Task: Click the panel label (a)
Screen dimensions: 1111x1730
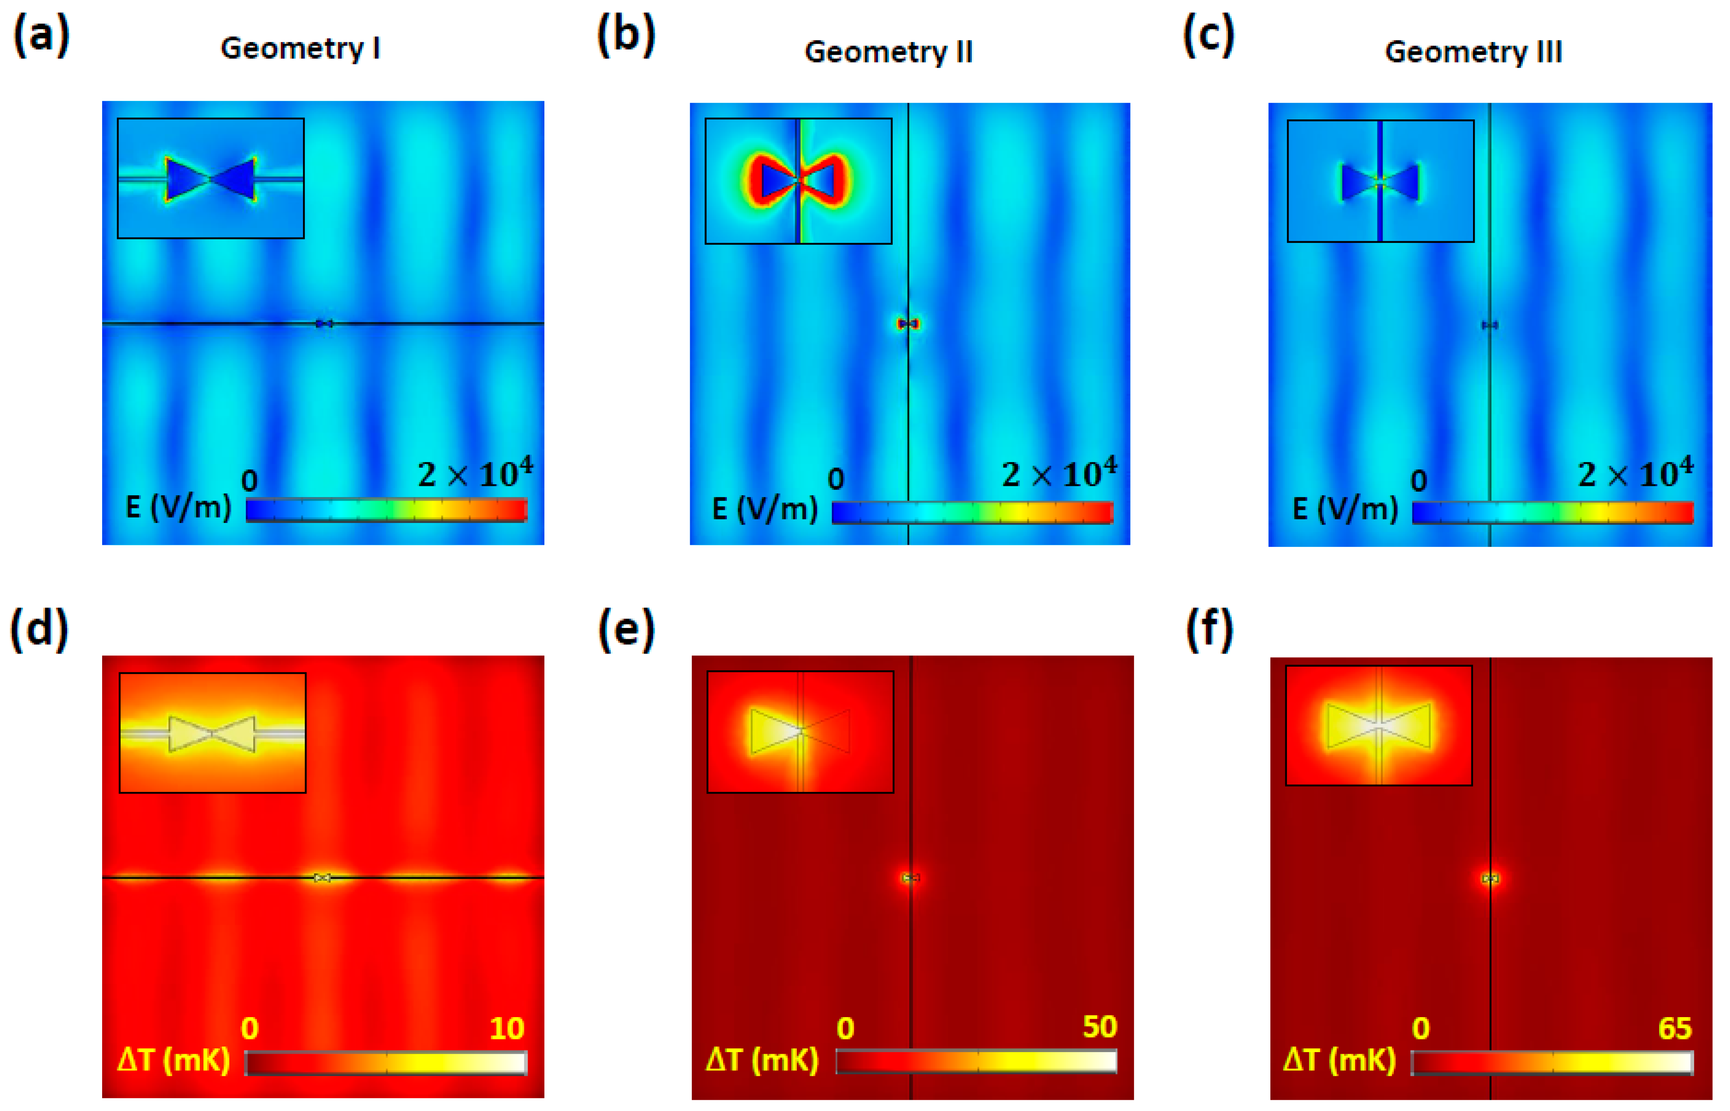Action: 41,36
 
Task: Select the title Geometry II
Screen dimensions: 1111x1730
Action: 888,52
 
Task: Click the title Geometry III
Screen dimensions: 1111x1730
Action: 1473,52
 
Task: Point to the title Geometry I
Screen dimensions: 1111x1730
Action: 300,48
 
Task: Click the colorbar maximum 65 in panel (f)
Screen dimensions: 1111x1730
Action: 1674,1028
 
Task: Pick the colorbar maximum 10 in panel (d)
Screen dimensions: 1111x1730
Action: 507,1029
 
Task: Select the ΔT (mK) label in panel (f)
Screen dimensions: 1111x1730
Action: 1339,1060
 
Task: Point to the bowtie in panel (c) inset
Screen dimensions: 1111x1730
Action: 1380,182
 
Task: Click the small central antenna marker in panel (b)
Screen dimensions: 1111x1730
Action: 908,324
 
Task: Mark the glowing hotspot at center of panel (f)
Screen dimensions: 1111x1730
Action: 1490,879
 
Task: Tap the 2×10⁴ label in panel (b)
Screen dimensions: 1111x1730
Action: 1058,474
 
